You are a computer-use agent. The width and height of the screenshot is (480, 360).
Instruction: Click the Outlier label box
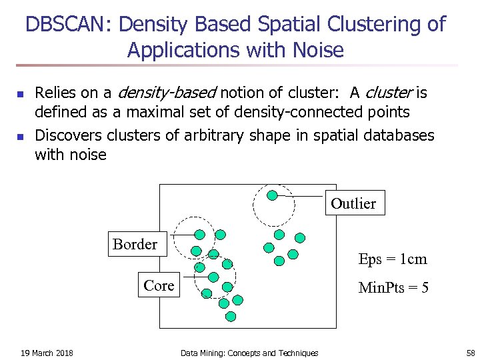coord(353,203)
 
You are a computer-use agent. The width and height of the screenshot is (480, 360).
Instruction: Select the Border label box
coord(135,245)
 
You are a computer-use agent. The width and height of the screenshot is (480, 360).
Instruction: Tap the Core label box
coord(159,285)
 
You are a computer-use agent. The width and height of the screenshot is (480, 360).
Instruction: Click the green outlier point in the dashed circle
coord(272,195)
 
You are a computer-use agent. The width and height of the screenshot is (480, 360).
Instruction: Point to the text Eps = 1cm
coord(392,259)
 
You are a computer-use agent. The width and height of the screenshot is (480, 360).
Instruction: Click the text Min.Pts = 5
coord(393,288)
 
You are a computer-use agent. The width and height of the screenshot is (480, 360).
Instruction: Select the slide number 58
coord(470,353)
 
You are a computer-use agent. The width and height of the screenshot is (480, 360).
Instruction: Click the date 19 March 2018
coord(47,353)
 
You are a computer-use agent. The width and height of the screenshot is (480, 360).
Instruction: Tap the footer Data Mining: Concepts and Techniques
coord(249,353)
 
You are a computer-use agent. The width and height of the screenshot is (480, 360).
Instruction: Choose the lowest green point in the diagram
coord(231,317)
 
